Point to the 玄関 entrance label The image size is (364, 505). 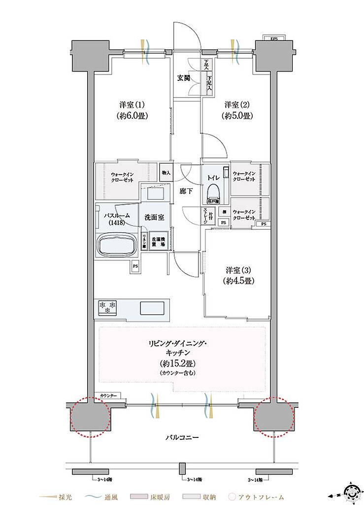tap(184, 77)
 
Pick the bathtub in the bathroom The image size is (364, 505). tap(117, 245)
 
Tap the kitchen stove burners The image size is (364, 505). tap(108, 308)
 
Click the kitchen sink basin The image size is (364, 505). tap(153, 308)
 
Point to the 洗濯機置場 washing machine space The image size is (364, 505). tap(158, 241)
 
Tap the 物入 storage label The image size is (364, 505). tap(166, 173)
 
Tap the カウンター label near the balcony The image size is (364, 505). tap(108, 396)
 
